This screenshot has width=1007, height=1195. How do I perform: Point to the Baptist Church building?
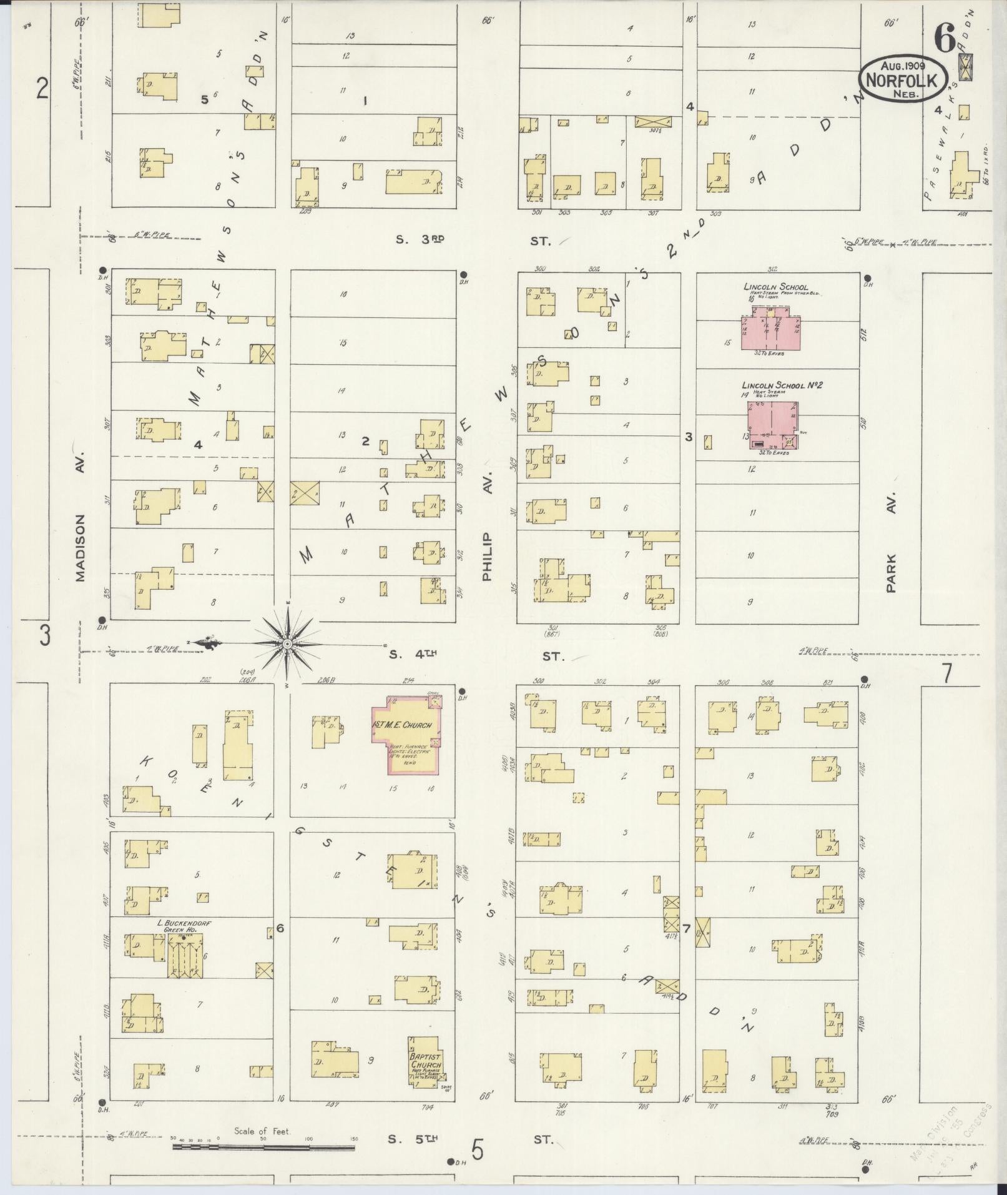(x=426, y=1063)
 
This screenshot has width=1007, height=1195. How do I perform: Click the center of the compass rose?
(x=287, y=643)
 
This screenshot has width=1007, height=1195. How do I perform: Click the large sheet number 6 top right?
(x=944, y=40)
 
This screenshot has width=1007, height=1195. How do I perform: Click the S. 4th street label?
(x=412, y=655)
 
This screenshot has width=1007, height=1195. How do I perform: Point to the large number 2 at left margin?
(x=42, y=89)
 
